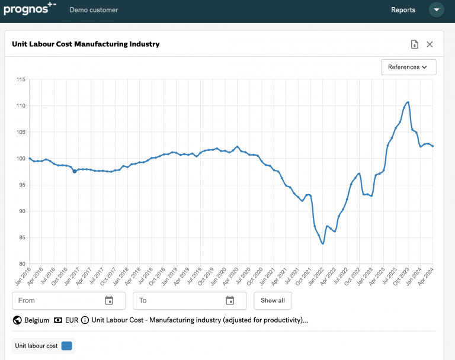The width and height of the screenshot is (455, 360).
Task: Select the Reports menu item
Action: click(403, 10)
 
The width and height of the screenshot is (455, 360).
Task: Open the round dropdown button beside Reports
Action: click(437, 10)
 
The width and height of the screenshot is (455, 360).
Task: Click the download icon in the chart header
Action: click(415, 44)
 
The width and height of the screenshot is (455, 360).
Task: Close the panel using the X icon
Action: click(430, 44)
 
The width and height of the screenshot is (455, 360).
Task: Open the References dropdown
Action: click(408, 67)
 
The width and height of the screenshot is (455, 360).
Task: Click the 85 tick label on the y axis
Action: click(21, 237)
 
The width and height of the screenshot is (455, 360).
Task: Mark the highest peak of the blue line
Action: click(408, 102)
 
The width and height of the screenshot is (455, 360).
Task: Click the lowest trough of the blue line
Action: click(322, 243)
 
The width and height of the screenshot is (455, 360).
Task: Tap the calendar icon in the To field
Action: click(230, 300)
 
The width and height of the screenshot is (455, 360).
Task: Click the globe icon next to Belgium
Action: click(17, 320)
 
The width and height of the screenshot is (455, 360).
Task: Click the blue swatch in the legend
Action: click(66, 346)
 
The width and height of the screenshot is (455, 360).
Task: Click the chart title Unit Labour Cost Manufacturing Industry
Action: click(85, 44)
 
